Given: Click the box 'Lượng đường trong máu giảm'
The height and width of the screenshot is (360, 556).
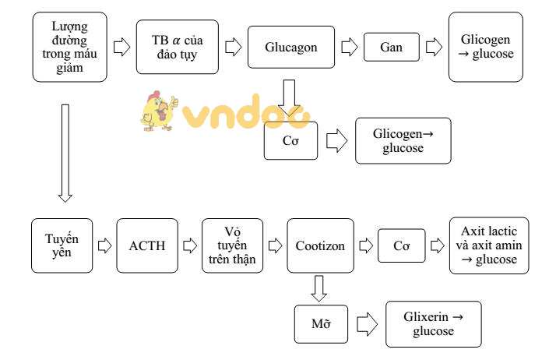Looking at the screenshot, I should [x=69, y=47].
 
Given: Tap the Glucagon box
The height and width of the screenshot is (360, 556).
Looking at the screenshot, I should [x=291, y=47].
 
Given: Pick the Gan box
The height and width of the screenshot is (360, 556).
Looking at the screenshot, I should [x=391, y=47].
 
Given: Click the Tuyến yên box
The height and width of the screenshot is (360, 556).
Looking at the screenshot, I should [x=62, y=245].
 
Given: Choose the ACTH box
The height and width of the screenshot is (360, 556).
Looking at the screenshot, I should [x=147, y=245].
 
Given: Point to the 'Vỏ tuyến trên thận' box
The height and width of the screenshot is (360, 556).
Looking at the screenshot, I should [x=233, y=245].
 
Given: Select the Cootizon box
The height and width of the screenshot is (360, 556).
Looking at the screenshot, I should [x=320, y=245].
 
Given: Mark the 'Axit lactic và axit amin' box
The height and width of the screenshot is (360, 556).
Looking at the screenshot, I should [x=489, y=245].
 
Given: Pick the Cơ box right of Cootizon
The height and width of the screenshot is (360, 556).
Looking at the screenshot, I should [x=401, y=245].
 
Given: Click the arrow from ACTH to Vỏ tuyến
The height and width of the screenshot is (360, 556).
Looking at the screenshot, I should [x=190, y=245].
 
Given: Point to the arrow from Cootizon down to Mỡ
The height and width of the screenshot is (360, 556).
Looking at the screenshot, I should [x=318, y=287].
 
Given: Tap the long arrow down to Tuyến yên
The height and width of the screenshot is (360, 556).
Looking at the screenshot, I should [x=65, y=152].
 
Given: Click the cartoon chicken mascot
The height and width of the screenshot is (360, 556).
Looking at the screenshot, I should [x=158, y=111].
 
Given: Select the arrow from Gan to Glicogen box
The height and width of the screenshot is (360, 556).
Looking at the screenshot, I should [x=433, y=47].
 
